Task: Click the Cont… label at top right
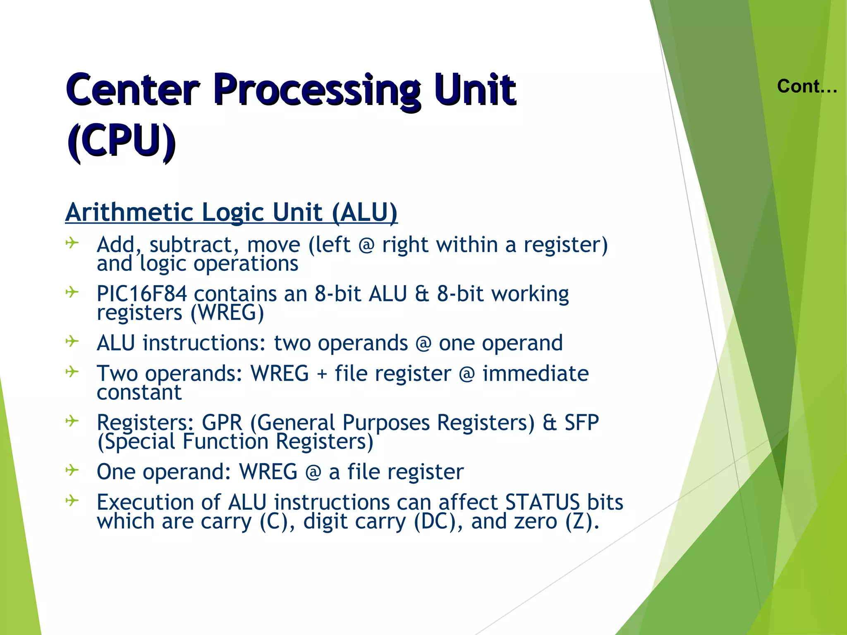tap(807, 86)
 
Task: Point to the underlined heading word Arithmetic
tap(130, 212)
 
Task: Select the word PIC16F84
tap(141, 294)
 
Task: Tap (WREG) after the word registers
tap(227, 313)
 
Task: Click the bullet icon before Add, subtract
tap(72, 243)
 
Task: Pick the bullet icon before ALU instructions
tap(72, 341)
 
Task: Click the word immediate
tap(536, 374)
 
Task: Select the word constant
tap(139, 392)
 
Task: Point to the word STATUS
tap(543, 502)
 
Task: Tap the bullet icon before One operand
tap(72, 470)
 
